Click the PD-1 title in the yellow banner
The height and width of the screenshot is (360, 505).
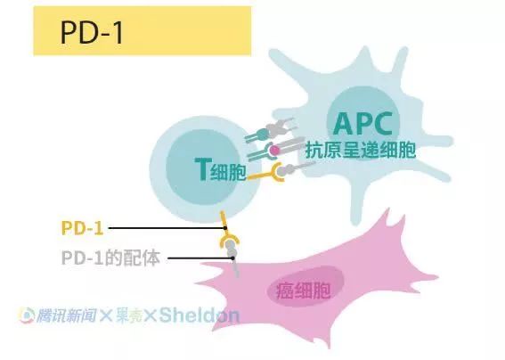coord(92,32)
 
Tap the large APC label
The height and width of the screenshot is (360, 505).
coord(363,124)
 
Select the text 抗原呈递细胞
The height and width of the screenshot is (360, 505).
coord(361,150)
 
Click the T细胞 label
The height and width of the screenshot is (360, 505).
coord(221,170)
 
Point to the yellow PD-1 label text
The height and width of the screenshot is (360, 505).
coord(82,228)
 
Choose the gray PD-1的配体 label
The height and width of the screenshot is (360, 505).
coord(110,258)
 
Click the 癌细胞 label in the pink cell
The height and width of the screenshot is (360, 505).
coord(303,290)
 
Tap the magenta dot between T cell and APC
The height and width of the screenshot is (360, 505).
coord(274,150)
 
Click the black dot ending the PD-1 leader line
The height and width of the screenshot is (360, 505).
coord(225,228)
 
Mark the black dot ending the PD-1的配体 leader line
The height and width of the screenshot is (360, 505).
coord(232,258)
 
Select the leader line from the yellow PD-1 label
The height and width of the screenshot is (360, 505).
coord(167,228)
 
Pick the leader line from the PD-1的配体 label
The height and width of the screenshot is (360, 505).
coord(200,258)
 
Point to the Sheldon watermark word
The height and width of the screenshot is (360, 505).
coord(200,315)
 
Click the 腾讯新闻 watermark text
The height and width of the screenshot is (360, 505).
coord(66,315)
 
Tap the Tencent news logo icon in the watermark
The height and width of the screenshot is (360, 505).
coord(27,315)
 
